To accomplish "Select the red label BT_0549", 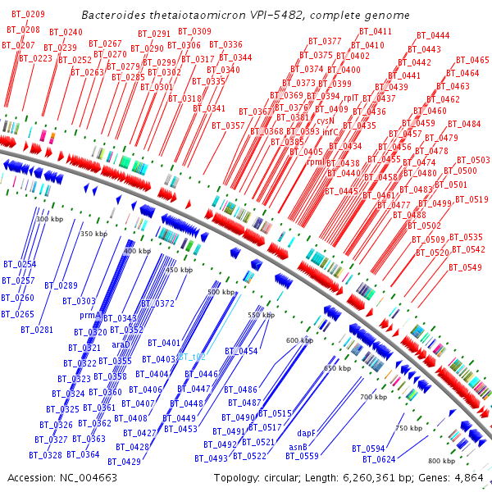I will coord(466,267).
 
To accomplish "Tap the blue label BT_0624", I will coord(380,459).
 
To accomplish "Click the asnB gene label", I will coord(298,447).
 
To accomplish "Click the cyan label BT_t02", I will coord(192,358).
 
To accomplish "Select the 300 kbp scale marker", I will coord(50,219).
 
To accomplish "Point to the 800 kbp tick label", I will coord(440,461).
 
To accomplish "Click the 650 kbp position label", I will coord(337,369).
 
